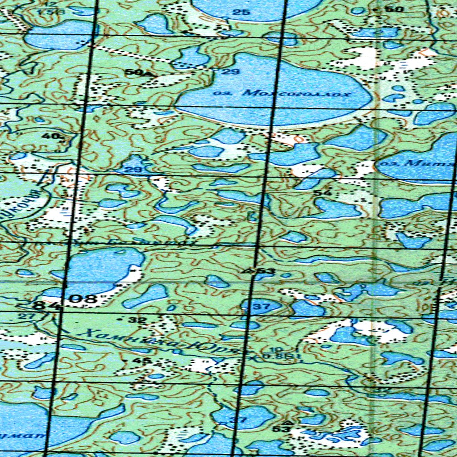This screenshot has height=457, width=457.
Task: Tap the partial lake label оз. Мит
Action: [415, 164]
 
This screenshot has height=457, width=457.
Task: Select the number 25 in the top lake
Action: [241, 12]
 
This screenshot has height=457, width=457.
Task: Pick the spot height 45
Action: [145, 360]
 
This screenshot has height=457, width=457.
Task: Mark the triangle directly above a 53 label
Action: [287, 421]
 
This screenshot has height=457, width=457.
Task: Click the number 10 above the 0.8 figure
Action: [274, 349]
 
